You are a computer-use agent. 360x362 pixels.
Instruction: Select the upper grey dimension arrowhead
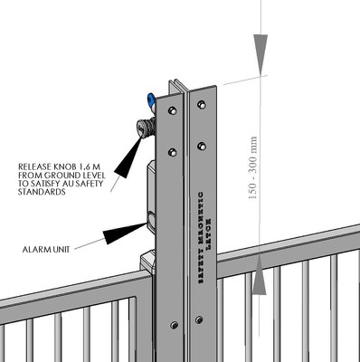click(x=259, y=49)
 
